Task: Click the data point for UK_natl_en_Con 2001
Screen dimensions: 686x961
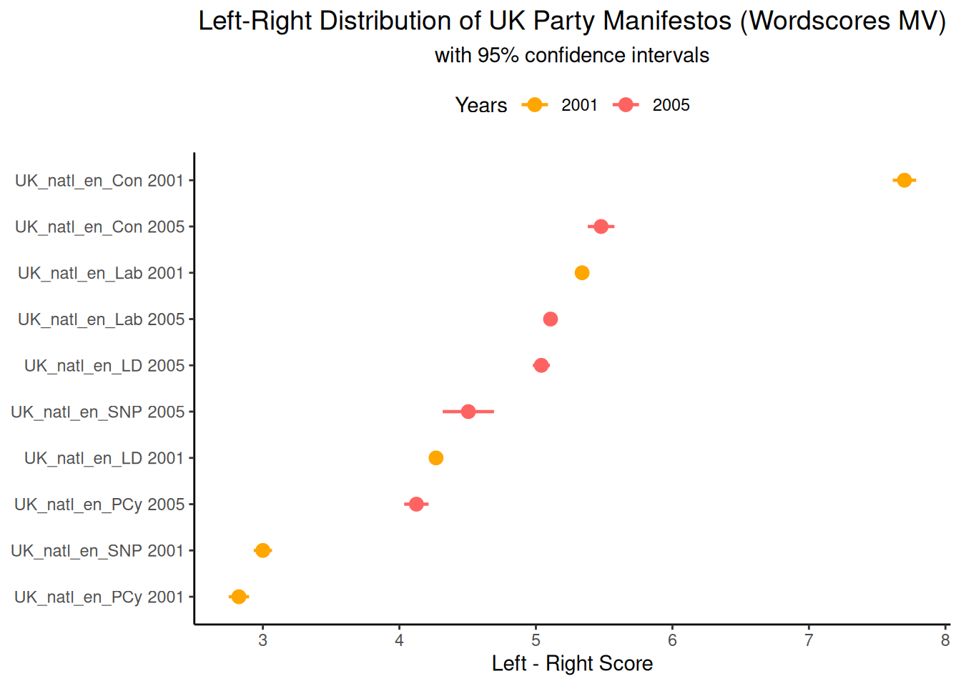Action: (904, 180)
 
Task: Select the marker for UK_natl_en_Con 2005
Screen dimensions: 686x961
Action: (601, 227)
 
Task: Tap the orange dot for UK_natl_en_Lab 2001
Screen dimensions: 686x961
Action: (582, 273)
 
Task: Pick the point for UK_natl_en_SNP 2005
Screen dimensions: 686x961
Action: (468, 412)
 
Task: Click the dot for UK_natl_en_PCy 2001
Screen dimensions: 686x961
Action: (239, 597)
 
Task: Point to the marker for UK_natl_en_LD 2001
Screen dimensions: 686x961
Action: (435, 458)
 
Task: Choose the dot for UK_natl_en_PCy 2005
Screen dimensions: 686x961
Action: (416, 504)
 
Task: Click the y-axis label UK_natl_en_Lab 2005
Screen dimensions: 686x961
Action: (101, 319)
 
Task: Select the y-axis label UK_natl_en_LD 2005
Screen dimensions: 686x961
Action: (104, 366)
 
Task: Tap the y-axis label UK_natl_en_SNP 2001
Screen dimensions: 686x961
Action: (97, 551)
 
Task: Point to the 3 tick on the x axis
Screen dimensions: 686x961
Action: (263, 640)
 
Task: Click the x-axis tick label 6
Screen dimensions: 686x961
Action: (672, 640)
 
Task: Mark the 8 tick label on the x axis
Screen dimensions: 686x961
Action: (945, 640)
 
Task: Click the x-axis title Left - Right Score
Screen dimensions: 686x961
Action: (572, 664)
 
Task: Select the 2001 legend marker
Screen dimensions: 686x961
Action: (534, 105)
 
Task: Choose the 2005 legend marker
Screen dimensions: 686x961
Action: (626, 105)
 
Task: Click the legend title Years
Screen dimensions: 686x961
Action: (481, 106)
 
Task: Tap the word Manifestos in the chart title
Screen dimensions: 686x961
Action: (666, 21)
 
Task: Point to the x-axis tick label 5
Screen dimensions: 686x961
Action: (536, 640)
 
